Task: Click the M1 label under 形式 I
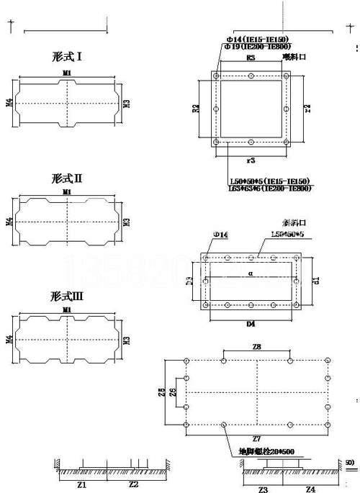tap(67, 73)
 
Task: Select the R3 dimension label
tap(251, 57)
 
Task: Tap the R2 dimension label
tap(196, 109)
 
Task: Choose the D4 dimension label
tap(251, 325)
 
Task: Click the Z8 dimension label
tap(256, 348)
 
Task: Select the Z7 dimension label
tap(256, 437)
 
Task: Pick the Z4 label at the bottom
tap(310, 489)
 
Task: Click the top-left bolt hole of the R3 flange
tap(216, 74)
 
